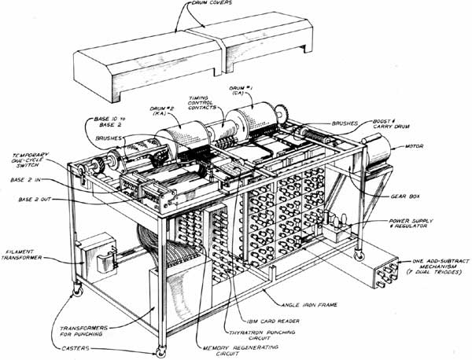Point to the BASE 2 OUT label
(35, 200)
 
